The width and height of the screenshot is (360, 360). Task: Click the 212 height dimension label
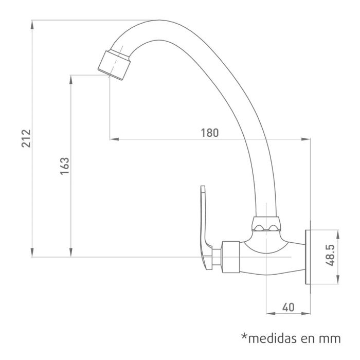(26, 138)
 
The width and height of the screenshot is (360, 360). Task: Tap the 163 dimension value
(65, 166)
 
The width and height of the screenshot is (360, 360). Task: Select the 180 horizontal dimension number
(209, 132)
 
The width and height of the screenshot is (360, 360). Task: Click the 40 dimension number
(288, 307)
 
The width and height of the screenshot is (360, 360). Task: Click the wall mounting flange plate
(308, 256)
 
